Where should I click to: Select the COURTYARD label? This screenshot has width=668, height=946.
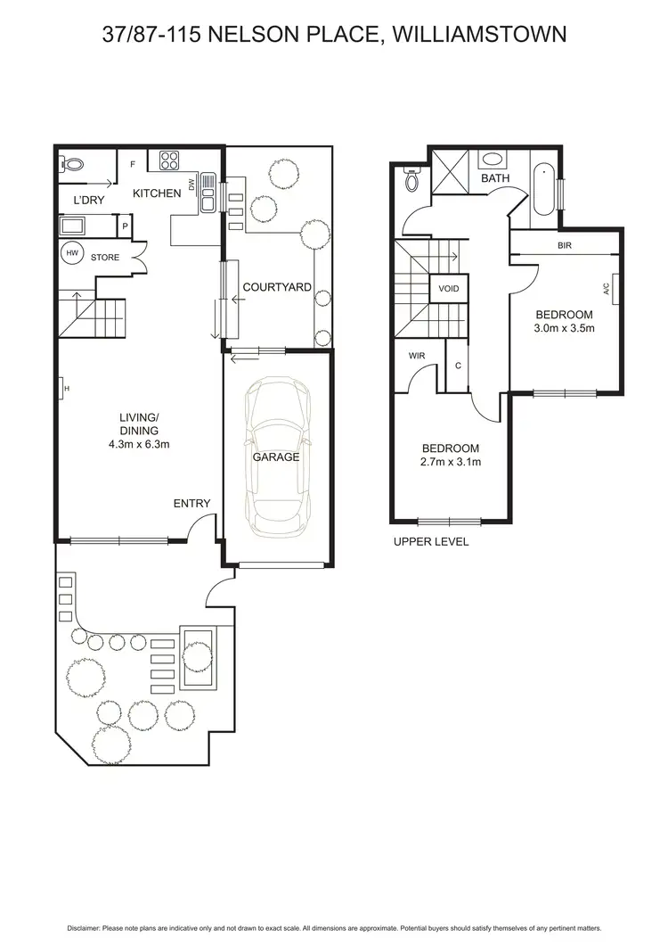pyautogui.click(x=277, y=287)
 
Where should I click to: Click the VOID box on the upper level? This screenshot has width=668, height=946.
pyautogui.click(x=449, y=289)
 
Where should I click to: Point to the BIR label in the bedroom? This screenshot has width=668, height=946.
pyautogui.click(x=564, y=245)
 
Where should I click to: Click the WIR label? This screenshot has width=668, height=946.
pyautogui.click(x=415, y=356)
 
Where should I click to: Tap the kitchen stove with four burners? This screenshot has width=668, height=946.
pyautogui.click(x=169, y=160)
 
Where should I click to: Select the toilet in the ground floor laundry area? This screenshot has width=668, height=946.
pyautogui.click(x=71, y=164)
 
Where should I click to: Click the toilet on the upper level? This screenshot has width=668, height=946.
pyautogui.click(x=411, y=181)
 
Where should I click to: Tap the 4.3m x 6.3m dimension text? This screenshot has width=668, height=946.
pyautogui.click(x=139, y=443)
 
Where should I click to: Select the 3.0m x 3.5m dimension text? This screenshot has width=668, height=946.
pyautogui.click(x=564, y=328)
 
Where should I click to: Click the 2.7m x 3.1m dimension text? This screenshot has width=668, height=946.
pyautogui.click(x=451, y=462)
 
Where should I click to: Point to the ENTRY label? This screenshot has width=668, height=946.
pyautogui.click(x=191, y=504)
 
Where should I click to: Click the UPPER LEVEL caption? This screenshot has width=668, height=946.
pyautogui.click(x=431, y=541)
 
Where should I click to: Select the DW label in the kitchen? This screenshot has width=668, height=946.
pyautogui.click(x=191, y=185)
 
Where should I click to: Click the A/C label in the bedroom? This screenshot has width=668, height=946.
pyautogui.click(x=607, y=288)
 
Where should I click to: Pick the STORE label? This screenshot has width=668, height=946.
pyautogui.click(x=105, y=257)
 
